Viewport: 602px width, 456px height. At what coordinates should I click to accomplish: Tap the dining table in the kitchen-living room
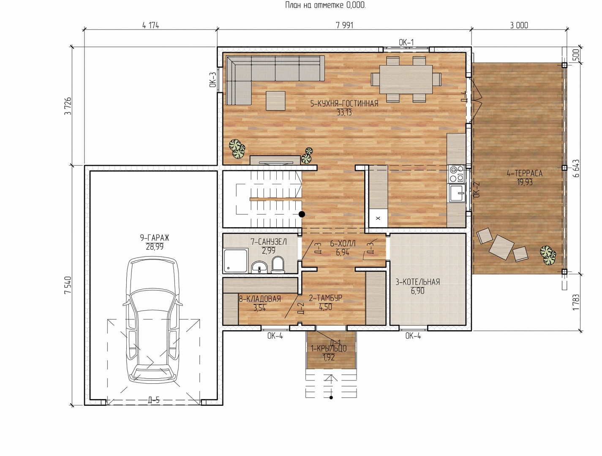point(406,79)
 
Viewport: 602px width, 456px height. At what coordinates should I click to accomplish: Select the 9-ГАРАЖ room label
point(155,238)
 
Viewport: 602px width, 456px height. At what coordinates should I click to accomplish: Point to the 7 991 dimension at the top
point(344,25)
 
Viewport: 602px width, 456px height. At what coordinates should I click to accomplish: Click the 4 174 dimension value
point(150,25)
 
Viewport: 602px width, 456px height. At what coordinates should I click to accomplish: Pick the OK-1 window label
point(406,43)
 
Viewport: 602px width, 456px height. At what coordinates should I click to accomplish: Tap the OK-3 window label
point(213,79)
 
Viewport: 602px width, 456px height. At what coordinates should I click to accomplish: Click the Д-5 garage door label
point(154,400)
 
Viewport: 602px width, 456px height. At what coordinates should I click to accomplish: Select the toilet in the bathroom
point(278,264)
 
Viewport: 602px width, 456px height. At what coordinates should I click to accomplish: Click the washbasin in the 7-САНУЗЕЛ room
point(259,267)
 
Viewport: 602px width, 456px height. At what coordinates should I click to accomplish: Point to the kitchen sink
point(457,193)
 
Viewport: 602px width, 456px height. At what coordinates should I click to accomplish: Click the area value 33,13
point(344,112)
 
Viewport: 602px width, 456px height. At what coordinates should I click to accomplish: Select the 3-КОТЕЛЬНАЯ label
point(417,282)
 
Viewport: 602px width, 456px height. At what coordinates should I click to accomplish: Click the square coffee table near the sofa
point(275,101)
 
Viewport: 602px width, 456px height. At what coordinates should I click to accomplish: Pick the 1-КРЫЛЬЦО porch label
point(329,348)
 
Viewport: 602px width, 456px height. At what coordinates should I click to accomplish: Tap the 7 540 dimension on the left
point(68,285)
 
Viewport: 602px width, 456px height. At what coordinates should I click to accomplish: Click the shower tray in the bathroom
point(236,261)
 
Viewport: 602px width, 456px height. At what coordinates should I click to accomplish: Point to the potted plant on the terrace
point(548,255)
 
